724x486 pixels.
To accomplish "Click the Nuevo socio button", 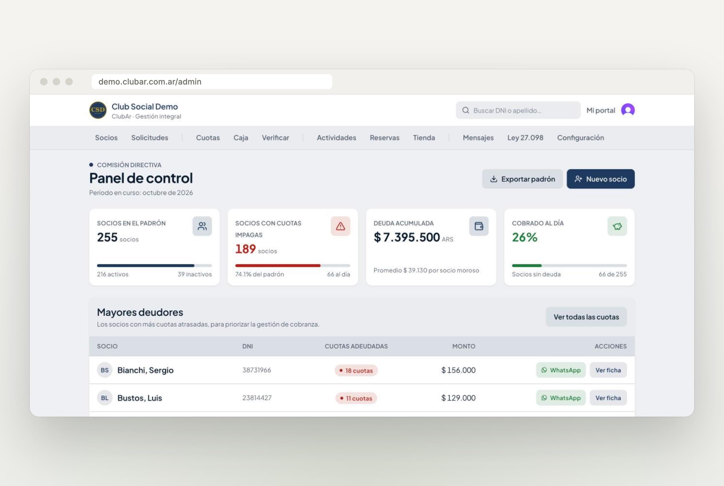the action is pyautogui.click(x=600, y=179).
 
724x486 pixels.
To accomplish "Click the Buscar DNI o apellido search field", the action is pyautogui.click(x=518, y=110).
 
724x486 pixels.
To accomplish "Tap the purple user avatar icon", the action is pyautogui.click(x=628, y=110).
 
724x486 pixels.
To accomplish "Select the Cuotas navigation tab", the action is pyautogui.click(x=208, y=138).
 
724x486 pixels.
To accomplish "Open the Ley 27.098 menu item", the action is pyautogui.click(x=526, y=138).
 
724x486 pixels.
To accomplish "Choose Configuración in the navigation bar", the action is pyautogui.click(x=581, y=138).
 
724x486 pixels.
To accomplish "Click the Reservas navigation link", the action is pyautogui.click(x=384, y=138).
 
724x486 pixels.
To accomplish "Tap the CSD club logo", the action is pyautogui.click(x=98, y=110).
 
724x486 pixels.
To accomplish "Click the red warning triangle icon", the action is pyautogui.click(x=341, y=226).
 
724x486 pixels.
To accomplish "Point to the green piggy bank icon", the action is pyautogui.click(x=617, y=226).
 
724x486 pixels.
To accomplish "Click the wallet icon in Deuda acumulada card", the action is pyautogui.click(x=479, y=226).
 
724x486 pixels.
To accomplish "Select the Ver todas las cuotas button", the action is pyautogui.click(x=586, y=317).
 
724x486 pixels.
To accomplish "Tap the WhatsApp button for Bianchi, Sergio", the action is pyautogui.click(x=561, y=370).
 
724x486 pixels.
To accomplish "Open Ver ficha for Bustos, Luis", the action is pyautogui.click(x=608, y=398).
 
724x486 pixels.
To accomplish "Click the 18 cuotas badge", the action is pyautogui.click(x=356, y=371).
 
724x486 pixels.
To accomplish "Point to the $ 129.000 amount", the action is pyautogui.click(x=458, y=398).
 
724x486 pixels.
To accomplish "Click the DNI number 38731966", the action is pyautogui.click(x=257, y=370).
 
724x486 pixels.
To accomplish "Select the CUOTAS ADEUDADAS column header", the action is pyautogui.click(x=356, y=346).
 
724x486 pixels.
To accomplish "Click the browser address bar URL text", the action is pyautogui.click(x=150, y=81).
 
